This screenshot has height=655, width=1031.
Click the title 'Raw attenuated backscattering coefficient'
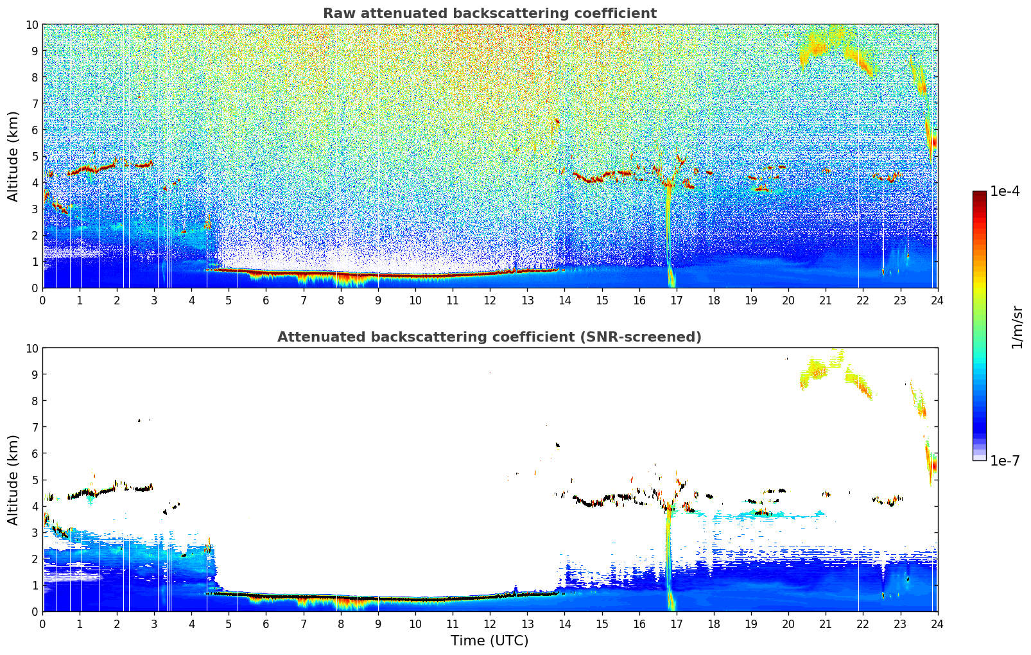point(489,13)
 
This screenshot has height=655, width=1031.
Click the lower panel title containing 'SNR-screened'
point(489,337)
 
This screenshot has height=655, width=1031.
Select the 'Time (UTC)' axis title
point(489,640)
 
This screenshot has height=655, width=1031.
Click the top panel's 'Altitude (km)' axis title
point(13,156)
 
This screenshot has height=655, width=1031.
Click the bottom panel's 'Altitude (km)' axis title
point(13,480)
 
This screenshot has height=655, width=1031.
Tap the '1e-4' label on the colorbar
point(1005,191)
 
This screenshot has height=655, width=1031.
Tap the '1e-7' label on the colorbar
point(1005,460)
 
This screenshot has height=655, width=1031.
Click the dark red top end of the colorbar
point(979,194)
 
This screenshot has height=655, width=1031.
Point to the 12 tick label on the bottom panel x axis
point(490,624)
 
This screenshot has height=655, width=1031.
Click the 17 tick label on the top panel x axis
point(676,300)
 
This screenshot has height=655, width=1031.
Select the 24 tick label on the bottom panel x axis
point(937,624)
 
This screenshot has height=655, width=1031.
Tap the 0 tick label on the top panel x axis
point(43,300)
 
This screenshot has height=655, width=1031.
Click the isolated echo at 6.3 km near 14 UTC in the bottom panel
point(557,444)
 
